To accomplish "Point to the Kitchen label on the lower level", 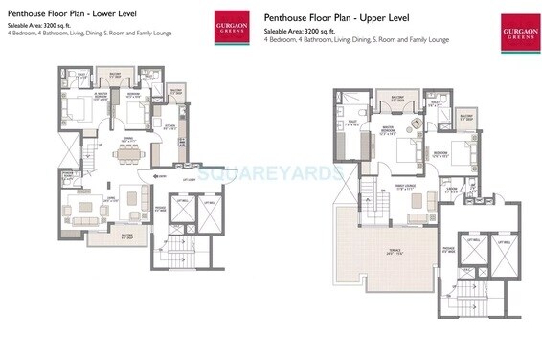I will coord(169,126).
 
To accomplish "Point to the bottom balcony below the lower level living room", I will coord(102,237).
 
